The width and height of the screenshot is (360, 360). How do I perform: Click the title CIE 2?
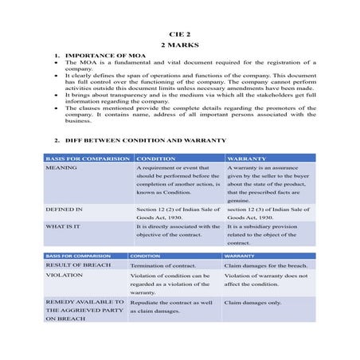(180, 36)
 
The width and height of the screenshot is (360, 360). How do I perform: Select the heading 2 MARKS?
(180, 45)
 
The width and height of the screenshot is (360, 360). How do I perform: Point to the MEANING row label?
(61, 169)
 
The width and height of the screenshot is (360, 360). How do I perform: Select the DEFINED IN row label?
(64, 209)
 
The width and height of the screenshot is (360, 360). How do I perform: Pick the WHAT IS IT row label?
(65, 226)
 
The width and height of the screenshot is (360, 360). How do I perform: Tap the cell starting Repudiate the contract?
(170, 307)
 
